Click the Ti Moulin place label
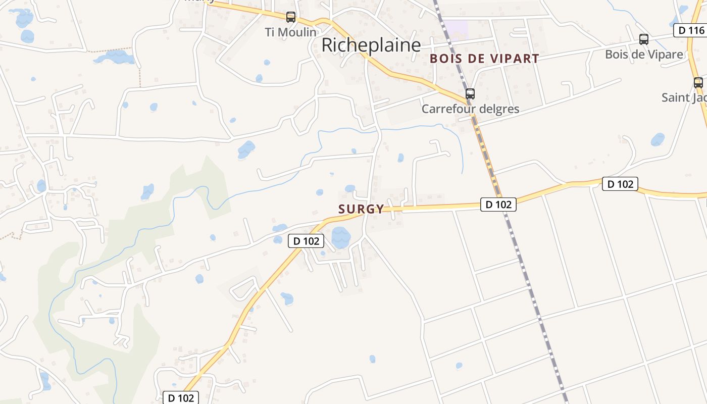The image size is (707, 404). pyautogui.click(x=291, y=32)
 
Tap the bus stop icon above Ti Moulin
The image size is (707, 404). pyautogui.click(x=291, y=17)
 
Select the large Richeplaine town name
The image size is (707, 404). pyautogui.click(x=371, y=45)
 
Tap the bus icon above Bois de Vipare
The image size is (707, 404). pyautogui.click(x=644, y=39)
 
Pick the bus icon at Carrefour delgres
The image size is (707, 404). pyautogui.click(x=470, y=93)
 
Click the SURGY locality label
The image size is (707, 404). pyautogui.click(x=361, y=209)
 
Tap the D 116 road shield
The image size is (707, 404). pyautogui.click(x=690, y=30)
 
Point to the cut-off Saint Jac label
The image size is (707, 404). pyautogui.click(x=684, y=97)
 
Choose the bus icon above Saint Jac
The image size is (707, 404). pyautogui.click(x=698, y=83)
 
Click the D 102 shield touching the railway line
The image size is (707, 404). pyautogui.click(x=498, y=204)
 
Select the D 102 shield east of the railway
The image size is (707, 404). pyautogui.click(x=620, y=184)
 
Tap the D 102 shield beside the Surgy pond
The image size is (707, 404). pyautogui.click(x=306, y=241)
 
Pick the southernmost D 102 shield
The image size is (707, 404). pyautogui.click(x=181, y=397)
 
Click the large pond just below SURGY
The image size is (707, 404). pyautogui.click(x=341, y=237)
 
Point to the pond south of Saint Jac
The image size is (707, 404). pyautogui.click(x=658, y=139)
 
